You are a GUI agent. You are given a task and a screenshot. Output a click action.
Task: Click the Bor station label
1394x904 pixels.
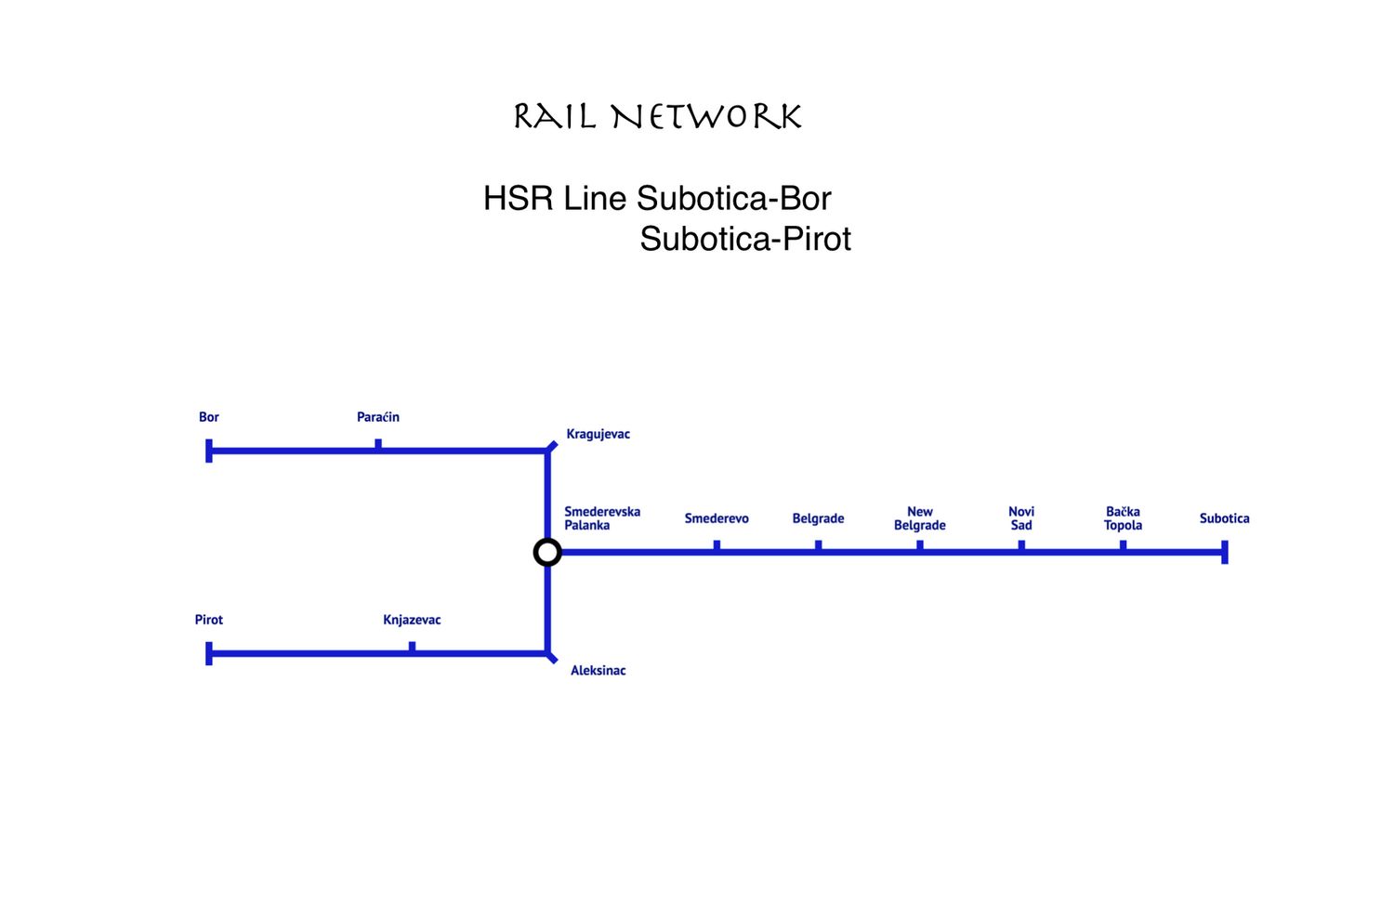(209, 417)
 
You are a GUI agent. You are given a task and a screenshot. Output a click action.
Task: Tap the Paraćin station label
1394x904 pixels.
(378, 417)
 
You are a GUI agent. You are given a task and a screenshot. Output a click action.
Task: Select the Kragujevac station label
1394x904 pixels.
(598, 434)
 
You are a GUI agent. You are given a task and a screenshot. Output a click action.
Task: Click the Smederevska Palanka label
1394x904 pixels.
(602, 518)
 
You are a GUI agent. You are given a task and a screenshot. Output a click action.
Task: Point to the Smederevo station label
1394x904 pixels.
(717, 518)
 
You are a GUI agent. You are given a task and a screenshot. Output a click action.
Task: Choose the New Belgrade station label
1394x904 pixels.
(920, 518)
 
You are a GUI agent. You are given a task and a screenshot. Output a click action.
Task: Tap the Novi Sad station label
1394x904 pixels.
(1021, 518)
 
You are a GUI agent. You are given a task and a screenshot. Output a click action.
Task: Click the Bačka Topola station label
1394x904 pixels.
(1123, 518)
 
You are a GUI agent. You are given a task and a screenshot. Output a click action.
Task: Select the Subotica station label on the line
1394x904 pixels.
(1224, 518)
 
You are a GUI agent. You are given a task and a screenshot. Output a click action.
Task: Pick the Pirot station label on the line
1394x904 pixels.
(209, 620)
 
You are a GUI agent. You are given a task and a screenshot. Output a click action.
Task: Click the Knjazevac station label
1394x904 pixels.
(412, 620)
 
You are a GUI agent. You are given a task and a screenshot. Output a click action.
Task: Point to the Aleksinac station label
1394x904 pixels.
(598, 671)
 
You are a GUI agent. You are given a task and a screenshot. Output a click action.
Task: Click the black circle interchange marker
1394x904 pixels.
(547, 553)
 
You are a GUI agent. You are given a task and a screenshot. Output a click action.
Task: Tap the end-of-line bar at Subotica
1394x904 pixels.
(1225, 553)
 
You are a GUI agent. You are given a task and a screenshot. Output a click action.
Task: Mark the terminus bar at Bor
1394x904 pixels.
(209, 451)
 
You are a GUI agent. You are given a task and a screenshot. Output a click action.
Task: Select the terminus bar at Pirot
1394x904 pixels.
(209, 653)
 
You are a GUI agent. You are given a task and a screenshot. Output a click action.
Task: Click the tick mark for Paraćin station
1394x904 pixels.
(378, 444)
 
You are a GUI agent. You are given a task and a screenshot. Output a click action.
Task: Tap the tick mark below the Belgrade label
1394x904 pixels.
(818, 545)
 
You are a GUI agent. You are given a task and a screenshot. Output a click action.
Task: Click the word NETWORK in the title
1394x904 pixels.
(706, 117)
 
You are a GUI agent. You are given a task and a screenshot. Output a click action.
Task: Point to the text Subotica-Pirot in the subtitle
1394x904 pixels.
(745, 239)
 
